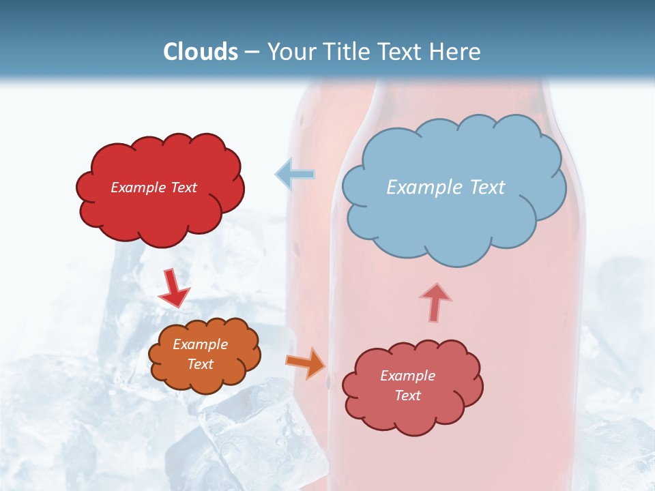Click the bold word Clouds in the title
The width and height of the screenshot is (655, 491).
point(201,52)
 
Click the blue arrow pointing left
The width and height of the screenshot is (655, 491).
point(295,175)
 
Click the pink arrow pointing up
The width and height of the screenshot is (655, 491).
point(435,302)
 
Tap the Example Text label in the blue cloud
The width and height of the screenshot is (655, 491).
point(446,188)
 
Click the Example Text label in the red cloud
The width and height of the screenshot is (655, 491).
point(154,188)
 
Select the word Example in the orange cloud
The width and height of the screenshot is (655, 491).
point(200,344)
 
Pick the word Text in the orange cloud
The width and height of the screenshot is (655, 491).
point(200,364)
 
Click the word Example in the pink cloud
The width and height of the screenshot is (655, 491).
point(407,376)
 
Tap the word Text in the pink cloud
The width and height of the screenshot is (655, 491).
point(407,396)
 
